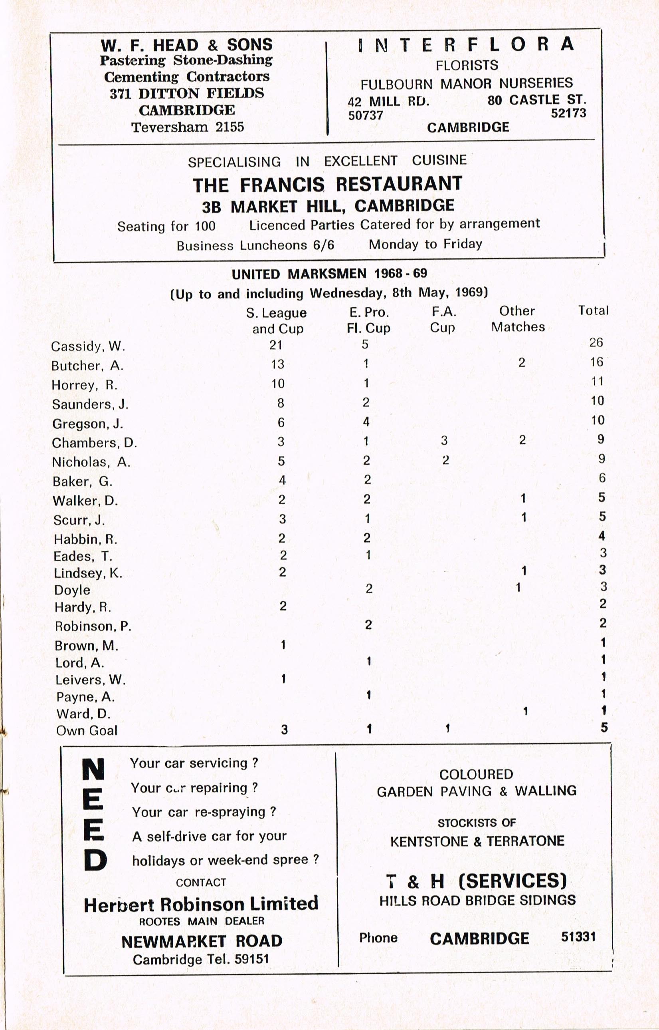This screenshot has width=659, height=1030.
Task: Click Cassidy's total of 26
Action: coord(596,343)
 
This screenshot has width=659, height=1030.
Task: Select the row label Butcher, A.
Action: coord(87,366)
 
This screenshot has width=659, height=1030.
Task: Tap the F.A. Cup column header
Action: coord(443,320)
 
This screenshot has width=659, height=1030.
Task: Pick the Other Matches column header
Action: coord(518,319)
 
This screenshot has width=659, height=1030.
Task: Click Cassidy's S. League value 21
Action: coord(276,345)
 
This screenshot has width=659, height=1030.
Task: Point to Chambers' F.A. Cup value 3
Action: coord(444,440)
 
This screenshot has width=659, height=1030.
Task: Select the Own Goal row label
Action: coord(87,730)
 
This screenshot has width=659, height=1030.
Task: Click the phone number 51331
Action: coord(578,937)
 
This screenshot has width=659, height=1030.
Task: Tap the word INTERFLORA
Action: coord(465,44)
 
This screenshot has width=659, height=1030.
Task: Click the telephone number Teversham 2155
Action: coord(188,127)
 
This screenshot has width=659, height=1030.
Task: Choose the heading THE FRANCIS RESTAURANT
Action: coord(327,184)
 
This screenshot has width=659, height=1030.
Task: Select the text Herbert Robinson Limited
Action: coord(201,905)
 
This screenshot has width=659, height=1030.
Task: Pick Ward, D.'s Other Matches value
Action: coord(524,711)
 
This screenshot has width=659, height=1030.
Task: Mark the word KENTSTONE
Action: coord(429,841)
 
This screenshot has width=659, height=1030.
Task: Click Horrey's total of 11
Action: coord(597,381)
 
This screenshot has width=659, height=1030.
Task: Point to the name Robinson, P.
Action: coord(93,626)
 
